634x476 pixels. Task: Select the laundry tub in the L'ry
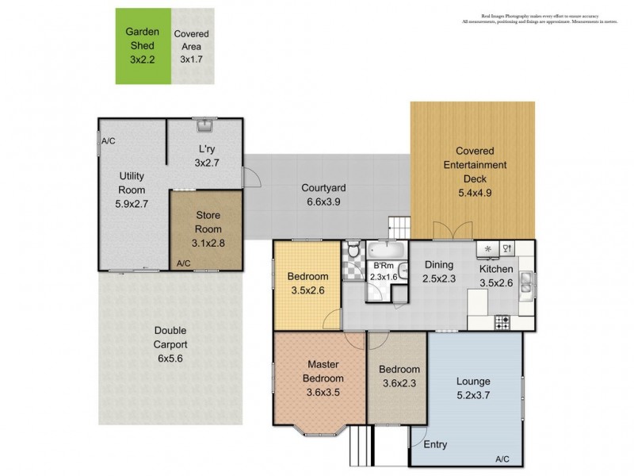point(204,125)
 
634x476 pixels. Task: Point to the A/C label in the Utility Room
point(109,140)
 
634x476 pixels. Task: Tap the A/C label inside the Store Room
point(183,263)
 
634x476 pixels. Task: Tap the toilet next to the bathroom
point(353,253)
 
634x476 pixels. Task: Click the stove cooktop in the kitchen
point(502,322)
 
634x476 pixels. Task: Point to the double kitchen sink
point(526,283)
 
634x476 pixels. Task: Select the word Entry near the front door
point(434,444)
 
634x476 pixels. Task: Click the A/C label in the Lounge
point(502,459)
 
